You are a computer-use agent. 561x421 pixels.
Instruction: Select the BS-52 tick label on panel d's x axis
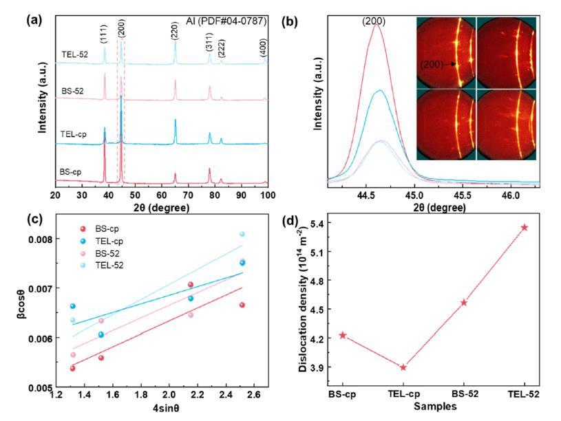click(x=464, y=394)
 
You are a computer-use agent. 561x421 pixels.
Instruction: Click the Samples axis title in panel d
click(x=434, y=407)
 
